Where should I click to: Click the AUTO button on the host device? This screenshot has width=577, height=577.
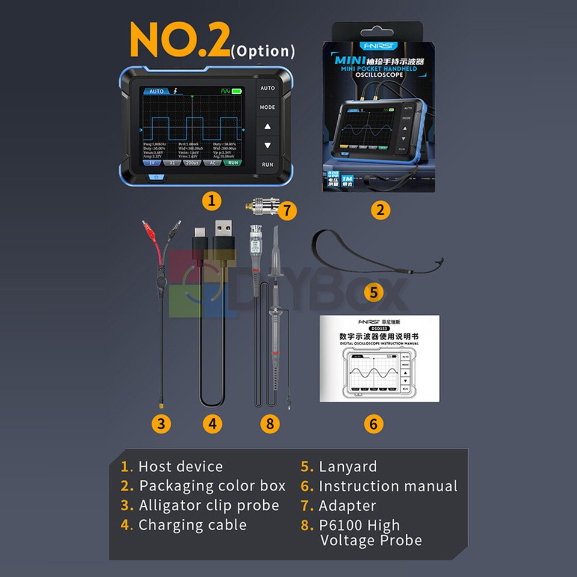[x=267, y=88]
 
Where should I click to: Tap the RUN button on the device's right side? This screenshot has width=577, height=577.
[x=267, y=164]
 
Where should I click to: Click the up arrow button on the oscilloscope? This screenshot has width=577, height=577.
[x=267, y=127]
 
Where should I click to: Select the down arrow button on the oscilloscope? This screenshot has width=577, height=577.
[x=267, y=145]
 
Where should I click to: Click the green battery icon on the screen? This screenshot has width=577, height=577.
[x=236, y=91]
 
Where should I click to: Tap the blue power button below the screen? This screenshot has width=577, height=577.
[x=156, y=177]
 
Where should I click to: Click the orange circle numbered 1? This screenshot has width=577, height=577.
[x=211, y=201]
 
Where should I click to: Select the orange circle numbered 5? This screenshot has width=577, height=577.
[x=373, y=293]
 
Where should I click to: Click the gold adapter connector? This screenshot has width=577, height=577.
[x=262, y=209]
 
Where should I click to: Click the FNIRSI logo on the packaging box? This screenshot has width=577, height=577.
[x=377, y=46]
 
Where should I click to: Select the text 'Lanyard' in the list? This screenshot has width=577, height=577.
[x=347, y=466]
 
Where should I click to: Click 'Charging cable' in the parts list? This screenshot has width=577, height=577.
[x=192, y=525]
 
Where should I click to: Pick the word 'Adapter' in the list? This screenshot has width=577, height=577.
[x=347, y=505]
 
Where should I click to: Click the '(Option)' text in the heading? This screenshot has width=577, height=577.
[x=263, y=51]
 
